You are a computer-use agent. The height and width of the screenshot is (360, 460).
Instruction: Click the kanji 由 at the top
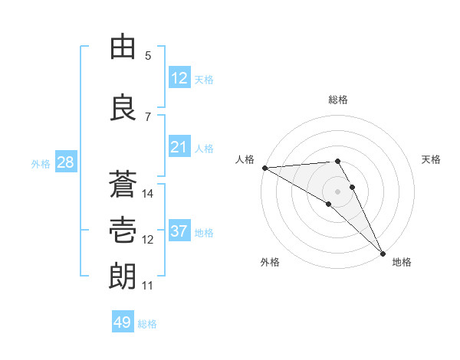click(123, 47)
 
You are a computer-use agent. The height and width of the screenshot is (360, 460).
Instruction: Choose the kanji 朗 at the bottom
click(123, 276)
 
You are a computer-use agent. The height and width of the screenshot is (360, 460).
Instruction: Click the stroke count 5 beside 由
click(148, 56)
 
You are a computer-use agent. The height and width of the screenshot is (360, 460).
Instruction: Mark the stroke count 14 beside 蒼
click(148, 194)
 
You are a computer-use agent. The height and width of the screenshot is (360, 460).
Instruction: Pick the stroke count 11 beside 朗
click(148, 286)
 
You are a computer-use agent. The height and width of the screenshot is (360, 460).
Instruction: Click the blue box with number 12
click(179, 78)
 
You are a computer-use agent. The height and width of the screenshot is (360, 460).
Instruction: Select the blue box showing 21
click(179, 147)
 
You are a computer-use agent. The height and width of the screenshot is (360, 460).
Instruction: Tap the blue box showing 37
click(179, 231)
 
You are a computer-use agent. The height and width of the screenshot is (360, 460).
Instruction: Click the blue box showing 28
click(64, 162)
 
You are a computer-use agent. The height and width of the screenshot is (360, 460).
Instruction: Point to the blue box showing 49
click(123, 322)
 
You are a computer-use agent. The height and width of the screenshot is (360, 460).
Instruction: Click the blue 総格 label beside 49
click(147, 324)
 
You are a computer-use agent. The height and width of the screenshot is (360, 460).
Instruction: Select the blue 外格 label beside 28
click(41, 163)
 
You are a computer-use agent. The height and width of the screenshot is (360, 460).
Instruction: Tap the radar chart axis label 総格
click(337, 100)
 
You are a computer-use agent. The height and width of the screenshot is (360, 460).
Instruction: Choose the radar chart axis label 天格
click(431, 159)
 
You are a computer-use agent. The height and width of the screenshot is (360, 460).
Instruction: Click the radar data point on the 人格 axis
click(264, 167)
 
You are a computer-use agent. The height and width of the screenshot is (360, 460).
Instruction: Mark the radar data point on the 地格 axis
click(383, 253)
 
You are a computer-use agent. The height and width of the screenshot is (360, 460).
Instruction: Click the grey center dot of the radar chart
click(337, 190)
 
